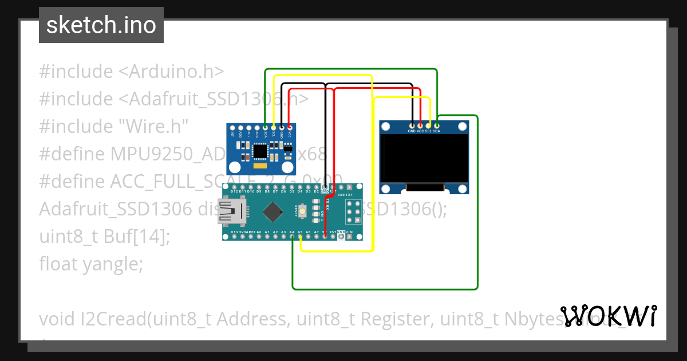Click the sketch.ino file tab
coord(101,25)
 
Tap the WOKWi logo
coord(608,316)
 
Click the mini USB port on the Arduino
coord(228,211)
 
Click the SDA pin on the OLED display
coord(437,125)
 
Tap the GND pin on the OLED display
coord(412,125)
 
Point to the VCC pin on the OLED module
coord(420,125)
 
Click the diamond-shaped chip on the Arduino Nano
coord(273,211)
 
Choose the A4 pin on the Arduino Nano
coord(292,236)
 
